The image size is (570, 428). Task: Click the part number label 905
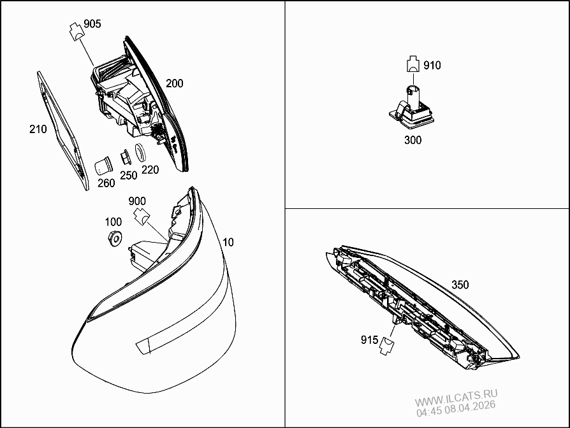(x=92, y=24)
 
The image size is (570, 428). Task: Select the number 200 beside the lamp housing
(x=174, y=83)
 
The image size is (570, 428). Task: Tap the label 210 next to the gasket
(x=38, y=129)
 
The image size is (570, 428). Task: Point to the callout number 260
(x=106, y=183)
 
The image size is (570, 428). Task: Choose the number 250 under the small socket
(x=129, y=175)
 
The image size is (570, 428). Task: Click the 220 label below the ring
(x=150, y=169)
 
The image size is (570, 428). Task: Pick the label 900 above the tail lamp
(x=137, y=201)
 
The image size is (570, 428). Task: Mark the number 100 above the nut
(x=113, y=222)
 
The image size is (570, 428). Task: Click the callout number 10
(x=228, y=242)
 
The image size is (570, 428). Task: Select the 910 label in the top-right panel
(x=431, y=65)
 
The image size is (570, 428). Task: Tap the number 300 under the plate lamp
(x=413, y=140)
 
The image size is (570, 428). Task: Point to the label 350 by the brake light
(x=460, y=285)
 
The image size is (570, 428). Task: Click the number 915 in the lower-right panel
(x=369, y=340)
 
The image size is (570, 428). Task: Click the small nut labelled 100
(x=115, y=239)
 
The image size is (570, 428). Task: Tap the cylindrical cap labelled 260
(x=103, y=166)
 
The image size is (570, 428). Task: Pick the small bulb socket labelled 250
(x=124, y=157)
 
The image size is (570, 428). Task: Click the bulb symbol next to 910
(x=413, y=64)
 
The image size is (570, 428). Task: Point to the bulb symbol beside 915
(x=386, y=345)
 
